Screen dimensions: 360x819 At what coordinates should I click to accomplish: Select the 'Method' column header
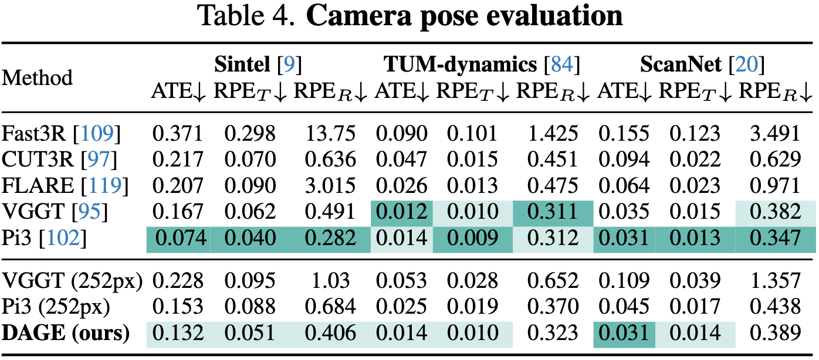coord(38,77)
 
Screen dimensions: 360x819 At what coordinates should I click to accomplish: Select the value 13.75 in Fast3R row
coord(330,134)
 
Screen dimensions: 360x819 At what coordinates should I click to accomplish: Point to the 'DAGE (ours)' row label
coord(65,333)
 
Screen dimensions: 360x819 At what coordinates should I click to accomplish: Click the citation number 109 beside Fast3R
coord(100,134)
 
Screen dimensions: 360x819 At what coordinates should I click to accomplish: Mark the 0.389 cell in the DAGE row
coord(776,333)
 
